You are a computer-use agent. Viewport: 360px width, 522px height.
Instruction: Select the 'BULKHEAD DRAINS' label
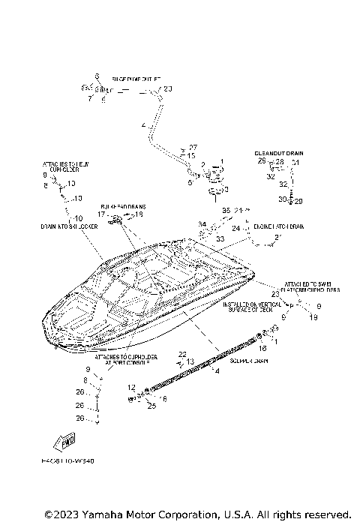click(x=123, y=205)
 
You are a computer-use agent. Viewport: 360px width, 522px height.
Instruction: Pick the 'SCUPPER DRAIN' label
click(x=249, y=361)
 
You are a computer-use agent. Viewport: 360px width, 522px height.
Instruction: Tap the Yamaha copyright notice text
click(x=197, y=514)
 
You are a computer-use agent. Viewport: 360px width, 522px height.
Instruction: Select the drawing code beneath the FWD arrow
click(x=68, y=462)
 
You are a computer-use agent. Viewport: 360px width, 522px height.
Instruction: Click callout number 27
click(x=193, y=147)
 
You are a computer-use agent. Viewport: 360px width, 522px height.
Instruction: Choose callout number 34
click(x=202, y=223)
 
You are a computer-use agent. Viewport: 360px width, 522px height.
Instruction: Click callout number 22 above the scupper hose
click(x=182, y=353)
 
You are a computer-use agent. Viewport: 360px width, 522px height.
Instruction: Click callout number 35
click(x=226, y=211)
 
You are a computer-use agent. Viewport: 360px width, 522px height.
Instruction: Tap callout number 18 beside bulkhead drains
click(x=138, y=214)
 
